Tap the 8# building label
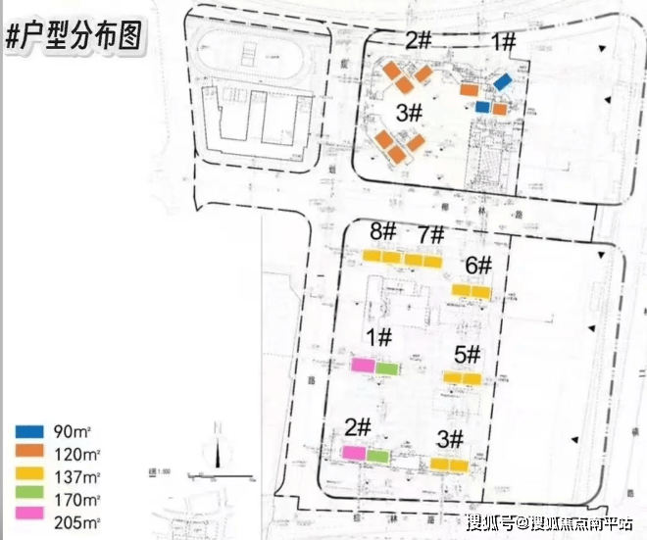pyautogui.click(x=382, y=233)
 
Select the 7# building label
pyautogui.click(x=431, y=236)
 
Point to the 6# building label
pyautogui.click(x=478, y=265)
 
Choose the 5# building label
pyautogui.click(x=468, y=354)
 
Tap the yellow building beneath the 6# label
pyautogui.click(x=471, y=290)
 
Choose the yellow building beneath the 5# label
pyautogui.click(x=462, y=377)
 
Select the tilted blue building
pyautogui.click(x=503, y=82)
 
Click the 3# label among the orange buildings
pyautogui.click(x=410, y=114)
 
